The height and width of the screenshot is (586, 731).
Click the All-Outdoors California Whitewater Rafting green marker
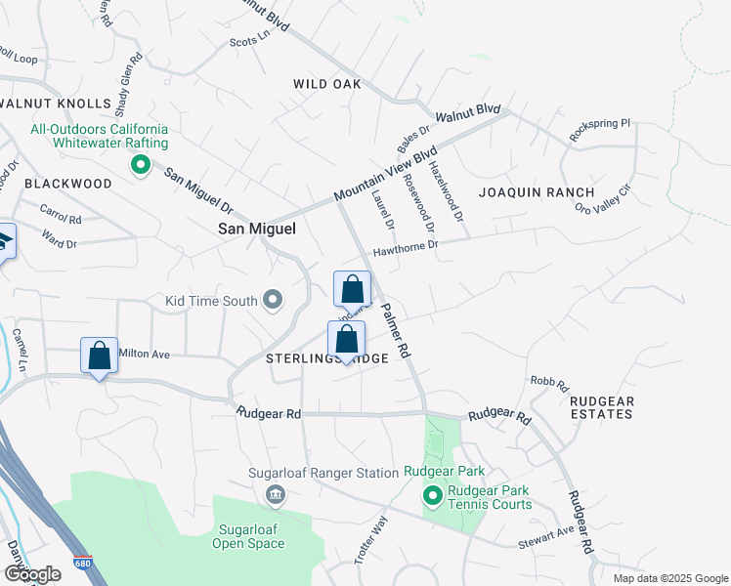point(141,165)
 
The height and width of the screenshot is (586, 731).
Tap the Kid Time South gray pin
point(274,301)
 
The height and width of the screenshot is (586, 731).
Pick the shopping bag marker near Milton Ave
point(99,356)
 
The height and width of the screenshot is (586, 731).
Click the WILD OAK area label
point(327,84)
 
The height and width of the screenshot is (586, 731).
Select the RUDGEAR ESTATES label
point(601,407)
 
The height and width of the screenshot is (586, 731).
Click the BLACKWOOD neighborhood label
point(68,184)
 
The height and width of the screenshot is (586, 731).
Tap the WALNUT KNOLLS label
point(56,104)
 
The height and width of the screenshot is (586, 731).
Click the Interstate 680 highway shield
point(82,565)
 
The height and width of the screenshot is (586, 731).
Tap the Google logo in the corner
point(32,573)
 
